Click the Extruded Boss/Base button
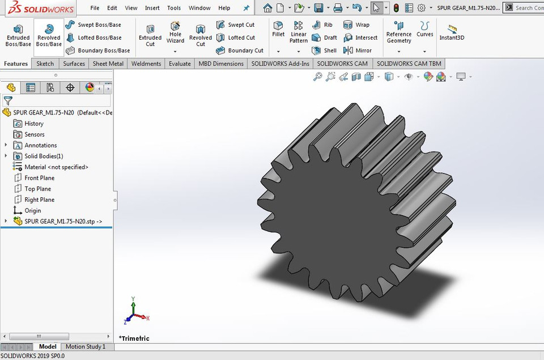tap(18, 35)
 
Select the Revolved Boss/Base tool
tap(49, 35)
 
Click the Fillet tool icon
tap(278, 29)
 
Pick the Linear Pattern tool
tap(299, 33)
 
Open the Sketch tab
tap(45, 63)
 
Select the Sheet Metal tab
tap(108, 63)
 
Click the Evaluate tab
tap(180, 63)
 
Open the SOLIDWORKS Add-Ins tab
tap(280, 63)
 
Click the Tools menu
tap(174, 8)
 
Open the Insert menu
tap(152, 8)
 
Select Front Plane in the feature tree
tap(40, 178)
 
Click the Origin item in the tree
tap(33, 210)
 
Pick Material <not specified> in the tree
tap(56, 167)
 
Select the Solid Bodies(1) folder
tap(44, 156)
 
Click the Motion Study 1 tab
tap(86, 346)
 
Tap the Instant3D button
tap(452, 33)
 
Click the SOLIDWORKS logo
tap(38, 9)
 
